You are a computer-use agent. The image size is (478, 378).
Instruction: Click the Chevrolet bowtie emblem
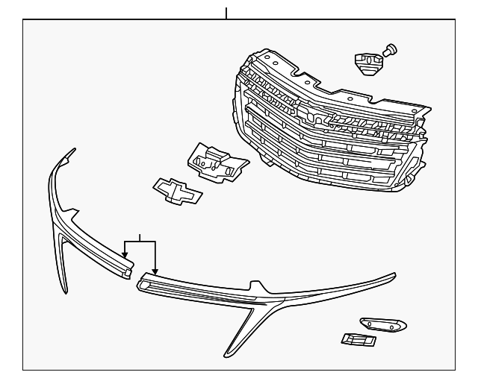pyautogui.click(x=177, y=191)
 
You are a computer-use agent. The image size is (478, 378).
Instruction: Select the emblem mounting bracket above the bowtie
pyautogui.click(x=216, y=161)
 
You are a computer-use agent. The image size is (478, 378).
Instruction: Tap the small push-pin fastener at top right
pyautogui.click(x=390, y=51)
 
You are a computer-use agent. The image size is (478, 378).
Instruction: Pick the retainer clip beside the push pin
pyautogui.click(x=367, y=62)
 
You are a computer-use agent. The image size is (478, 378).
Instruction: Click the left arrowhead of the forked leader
pyautogui.click(x=125, y=256)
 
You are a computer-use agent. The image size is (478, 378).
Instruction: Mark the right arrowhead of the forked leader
pyautogui.click(x=155, y=271)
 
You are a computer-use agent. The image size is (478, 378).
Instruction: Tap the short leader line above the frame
pyautogui.click(x=226, y=13)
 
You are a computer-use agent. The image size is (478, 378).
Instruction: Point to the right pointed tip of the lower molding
pyautogui.click(x=394, y=276)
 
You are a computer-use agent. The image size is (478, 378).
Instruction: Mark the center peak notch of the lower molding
pyautogui.click(x=258, y=283)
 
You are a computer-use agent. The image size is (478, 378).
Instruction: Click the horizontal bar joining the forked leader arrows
pyautogui.click(x=140, y=242)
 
